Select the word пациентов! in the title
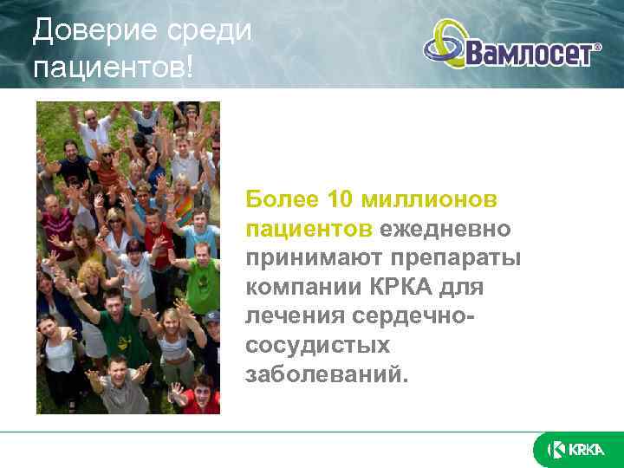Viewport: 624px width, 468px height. pyautogui.click(x=114, y=68)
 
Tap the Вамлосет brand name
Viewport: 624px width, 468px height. pyautogui.click(x=529, y=54)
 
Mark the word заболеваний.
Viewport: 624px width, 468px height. pyautogui.click(x=325, y=374)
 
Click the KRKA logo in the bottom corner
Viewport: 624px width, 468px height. pyautogui.click(x=575, y=449)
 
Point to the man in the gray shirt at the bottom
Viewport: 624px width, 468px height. pyautogui.click(x=121, y=386)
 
